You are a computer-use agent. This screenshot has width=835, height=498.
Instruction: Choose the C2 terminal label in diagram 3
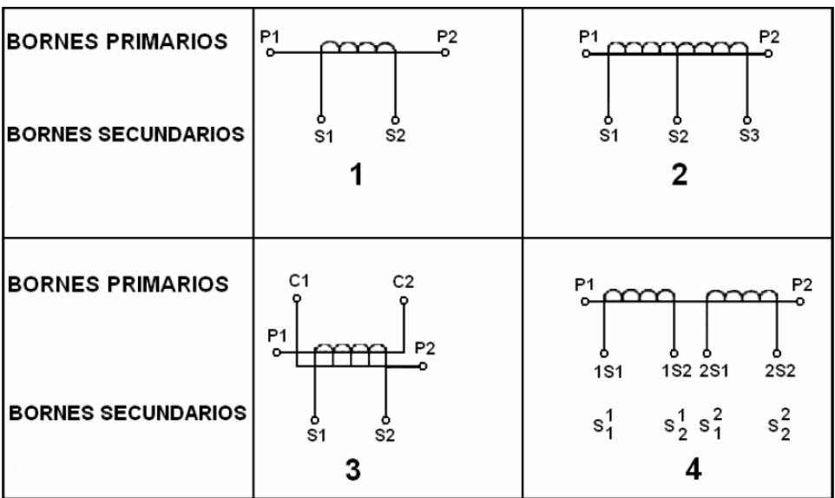tap(404, 283)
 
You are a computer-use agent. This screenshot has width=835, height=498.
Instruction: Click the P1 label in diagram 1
tap(269, 36)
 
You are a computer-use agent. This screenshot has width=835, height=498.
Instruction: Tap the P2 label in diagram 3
tap(424, 348)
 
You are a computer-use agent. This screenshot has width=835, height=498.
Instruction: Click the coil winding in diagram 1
tap(357, 46)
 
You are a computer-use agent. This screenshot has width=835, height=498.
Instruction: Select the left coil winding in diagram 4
tap(638, 295)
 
